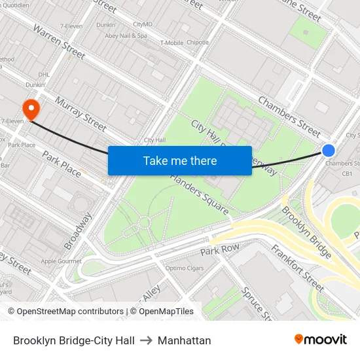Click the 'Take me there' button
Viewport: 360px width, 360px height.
coord(180,160)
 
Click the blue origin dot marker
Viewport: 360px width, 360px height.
coord(329,150)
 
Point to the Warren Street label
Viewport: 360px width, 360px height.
coord(59,43)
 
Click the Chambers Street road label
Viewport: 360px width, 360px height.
coord(289,113)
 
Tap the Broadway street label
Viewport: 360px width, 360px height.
coord(79,231)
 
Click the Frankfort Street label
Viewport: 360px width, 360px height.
coord(297,268)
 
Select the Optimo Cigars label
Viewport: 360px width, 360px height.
coord(185,268)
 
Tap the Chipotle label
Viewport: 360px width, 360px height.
coord(198,43)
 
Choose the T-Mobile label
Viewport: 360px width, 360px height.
coord(171,43)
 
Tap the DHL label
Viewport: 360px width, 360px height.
coord(44,75)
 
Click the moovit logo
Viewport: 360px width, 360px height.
coord(320,340)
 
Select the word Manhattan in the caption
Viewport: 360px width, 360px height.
coord(184,340)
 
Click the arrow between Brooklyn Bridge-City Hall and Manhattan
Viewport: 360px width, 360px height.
coord(146,340)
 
